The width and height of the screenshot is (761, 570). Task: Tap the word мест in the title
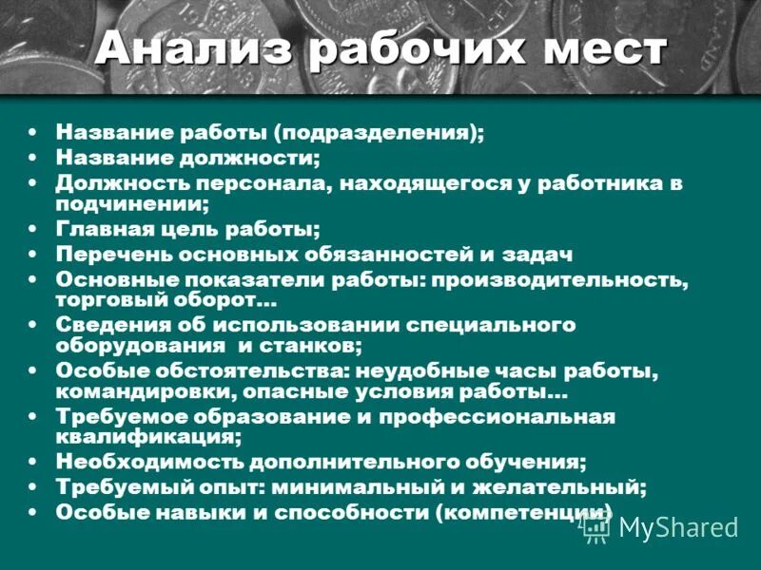click(x=596, y=48)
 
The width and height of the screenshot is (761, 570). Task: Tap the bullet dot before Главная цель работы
click(x=33, y=229)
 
